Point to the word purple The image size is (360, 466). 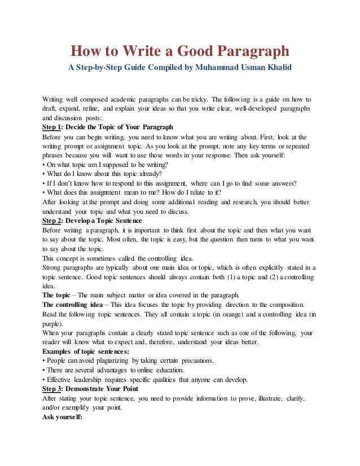coord(52,323)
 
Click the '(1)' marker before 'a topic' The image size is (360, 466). coord(210,278)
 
